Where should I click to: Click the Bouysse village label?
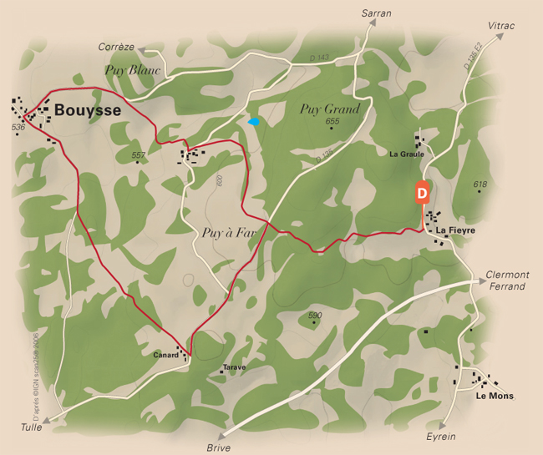point(88,109)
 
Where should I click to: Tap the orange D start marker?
point(422,192)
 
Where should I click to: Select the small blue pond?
point(254,122)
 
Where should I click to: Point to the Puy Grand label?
point(329,109)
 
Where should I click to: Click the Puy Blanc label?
point(132,70)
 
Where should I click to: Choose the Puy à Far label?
point(228,233)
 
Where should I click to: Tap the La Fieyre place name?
point(455,230)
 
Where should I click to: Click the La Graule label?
point(407,154)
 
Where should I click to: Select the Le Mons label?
point(495,396)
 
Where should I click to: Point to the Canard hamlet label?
point(165,355)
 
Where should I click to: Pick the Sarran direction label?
point(376,13)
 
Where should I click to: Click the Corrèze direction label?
point(116,47)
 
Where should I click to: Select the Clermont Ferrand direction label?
point(508,281)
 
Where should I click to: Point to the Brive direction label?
point(218,447)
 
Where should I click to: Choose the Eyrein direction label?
point(441,437)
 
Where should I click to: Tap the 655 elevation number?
point(332,122)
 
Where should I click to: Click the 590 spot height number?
point(314,315)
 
